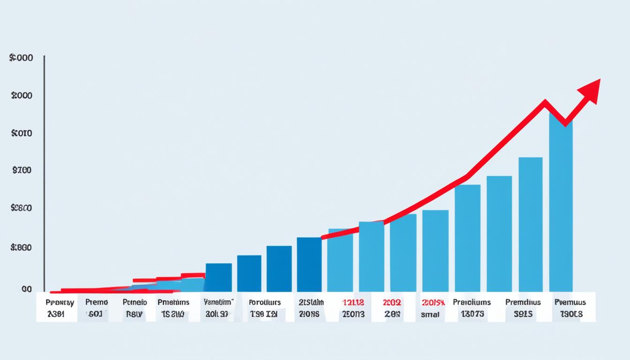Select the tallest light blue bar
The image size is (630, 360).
pyautogui.click(x=561, y=206)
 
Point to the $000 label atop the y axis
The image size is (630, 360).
pyautogui.click(x=21, y=58)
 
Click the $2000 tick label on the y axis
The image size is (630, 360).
pyautogui.click(x=21, y=95)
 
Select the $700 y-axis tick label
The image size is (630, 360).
pyautogui.click(x=22, y=170)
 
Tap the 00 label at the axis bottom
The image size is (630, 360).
pyautogui.click(x=27, y=289)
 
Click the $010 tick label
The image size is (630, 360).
pyautogui.click(x=22, y=133)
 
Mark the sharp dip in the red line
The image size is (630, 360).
pyautogui.click(x=565, y=123)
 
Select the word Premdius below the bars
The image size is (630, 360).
pyautogui.click(x=523, y=302)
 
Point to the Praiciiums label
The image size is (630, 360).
pyautogui.click(x=472, y=302)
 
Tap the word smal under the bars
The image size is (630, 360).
pyautogui.click(x=430, y=315)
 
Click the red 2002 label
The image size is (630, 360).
pyautogui.click(x=392, y=303)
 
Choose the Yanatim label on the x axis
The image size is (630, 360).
pyautogui.click(x=218, y=302)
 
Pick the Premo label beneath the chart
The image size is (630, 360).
pyautogui.click(x=97, y=302)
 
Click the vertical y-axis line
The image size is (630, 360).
pyautogui.click(x=44, y=173)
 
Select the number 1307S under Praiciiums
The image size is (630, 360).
pyautogui.click(x=472, y=314)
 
